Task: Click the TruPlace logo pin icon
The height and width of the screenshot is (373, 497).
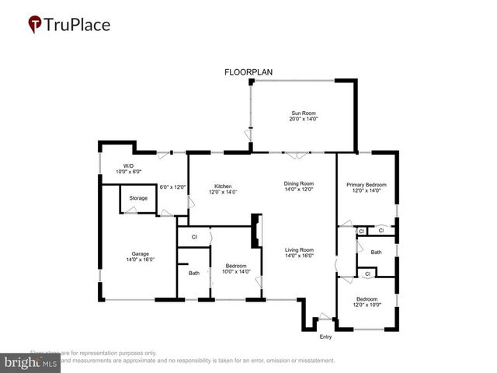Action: click(x=34, y=24)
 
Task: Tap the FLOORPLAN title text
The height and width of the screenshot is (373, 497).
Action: click(x=248, y=71)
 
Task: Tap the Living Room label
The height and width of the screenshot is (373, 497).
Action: click(x=298, y=249)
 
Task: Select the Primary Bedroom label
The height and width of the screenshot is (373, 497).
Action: click(x=366, y=184)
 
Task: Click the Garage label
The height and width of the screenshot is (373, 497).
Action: click(x=140, y=253)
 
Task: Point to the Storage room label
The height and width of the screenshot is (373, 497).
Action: click(x=138, y=198)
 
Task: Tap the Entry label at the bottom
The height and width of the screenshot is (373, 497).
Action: click(x=325, y=336)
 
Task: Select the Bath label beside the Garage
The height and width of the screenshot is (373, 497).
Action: click(x=193, y=273)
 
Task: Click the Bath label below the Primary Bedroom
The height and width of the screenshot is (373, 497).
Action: click(x=376, y=252)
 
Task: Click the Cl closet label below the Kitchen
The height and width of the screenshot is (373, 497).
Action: click(x=194, y=236)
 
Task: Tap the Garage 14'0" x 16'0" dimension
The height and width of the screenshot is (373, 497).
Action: click(x=140, y=260)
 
